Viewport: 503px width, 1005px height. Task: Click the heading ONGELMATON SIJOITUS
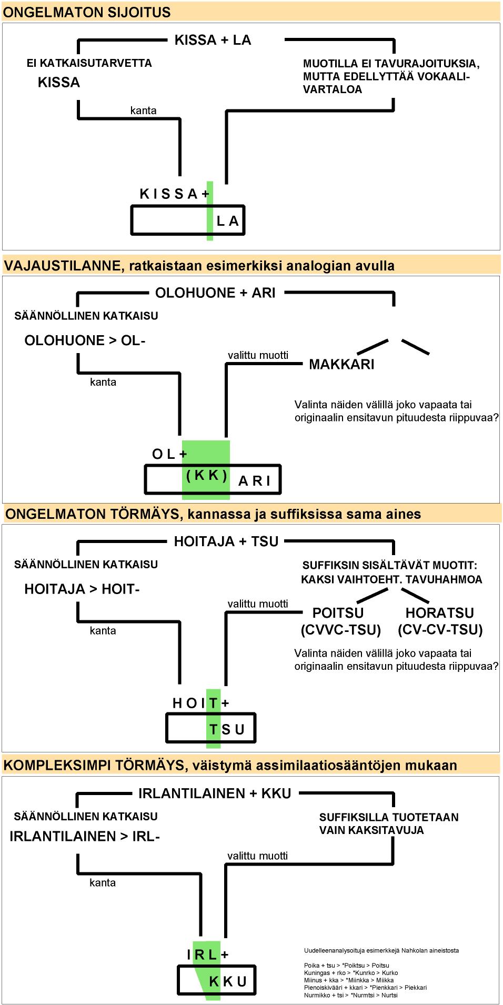pyautogui.click(x=87, y=12)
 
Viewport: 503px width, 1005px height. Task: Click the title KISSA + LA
pyautogui.click(x=213, y=40)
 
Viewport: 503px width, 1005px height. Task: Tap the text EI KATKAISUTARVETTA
pyautogui.click(x=89, y=63)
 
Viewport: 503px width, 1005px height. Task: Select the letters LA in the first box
pyautogui.click(x=228, y=221)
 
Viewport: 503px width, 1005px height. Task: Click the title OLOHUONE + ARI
pyautogui.click(x=215, y=293)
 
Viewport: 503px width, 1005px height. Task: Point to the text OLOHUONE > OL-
pyautogui.click(x=85, y=340)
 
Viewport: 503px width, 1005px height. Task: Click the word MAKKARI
pyautogui.click(x=341, y=364)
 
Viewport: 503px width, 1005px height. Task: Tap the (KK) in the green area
pyautogui.click(x=207, y=475)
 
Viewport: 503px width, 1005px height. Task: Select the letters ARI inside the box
pyautogui.click(x=255, y=481)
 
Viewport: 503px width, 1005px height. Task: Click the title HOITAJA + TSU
pyautogui.click(x=226, y=541)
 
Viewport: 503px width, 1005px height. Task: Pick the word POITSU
pyautogui.click(x=338, y=613)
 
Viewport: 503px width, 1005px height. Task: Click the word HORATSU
pyautogui.click(x=439, y=613)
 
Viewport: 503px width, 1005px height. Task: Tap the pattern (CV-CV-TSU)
pyautogui.click(x=440, y=630)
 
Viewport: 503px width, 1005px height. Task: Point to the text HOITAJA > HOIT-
pyautogui.click(x=82, y=589)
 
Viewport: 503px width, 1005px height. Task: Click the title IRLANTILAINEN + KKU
pyautogui.click(x=215, y=793)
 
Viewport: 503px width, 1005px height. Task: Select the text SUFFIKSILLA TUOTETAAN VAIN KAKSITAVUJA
pyautogui.click(x=388, y=823)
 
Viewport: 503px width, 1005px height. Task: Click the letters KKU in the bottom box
pyautogui.click(x=228, y=981)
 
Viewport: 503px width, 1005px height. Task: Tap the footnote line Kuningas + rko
pyautogui.click(x=351, y=972)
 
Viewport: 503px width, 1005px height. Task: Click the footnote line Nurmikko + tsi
pyautogui.click(x=351, y=994)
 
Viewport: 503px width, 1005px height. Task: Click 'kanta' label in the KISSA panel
pyautogui.click(x=143, y=110)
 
